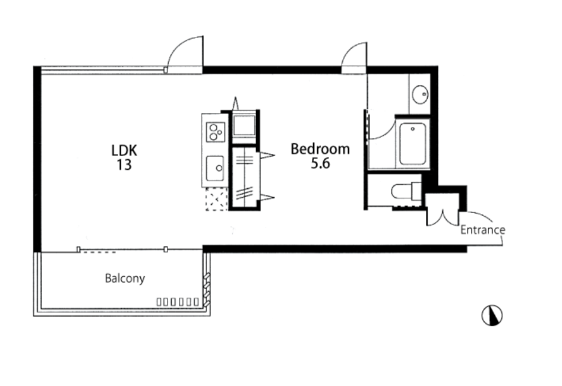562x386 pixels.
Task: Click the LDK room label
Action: (124, 150)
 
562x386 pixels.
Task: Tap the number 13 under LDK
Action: (124, 165)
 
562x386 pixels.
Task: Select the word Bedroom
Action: (320, 148)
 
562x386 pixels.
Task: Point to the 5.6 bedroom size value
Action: (320, 163)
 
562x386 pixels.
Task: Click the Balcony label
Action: (125, 279)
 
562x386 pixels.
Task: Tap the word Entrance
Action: (482, 230)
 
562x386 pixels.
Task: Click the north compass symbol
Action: (492, 315)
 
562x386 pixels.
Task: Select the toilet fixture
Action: (406, 191)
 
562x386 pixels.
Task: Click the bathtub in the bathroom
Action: (412, 144)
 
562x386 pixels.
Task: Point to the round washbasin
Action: (419, 94)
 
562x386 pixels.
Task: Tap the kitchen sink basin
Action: (215, 168)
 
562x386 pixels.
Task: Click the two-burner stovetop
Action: (216, 131)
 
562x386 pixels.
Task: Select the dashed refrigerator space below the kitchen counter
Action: (216, 199)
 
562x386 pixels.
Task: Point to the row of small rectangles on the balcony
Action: (178, 302)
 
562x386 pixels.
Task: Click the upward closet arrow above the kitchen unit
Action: (235, 103)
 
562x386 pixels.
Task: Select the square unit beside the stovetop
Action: (244, 125)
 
